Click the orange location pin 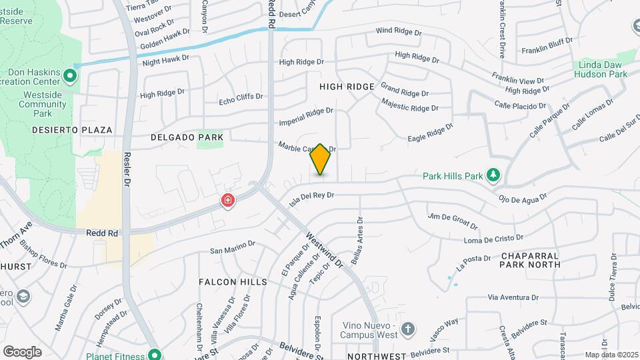[320, 159]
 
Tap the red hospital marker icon [228, 200]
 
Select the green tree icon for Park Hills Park [493, 175]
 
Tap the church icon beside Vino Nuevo [407, 329]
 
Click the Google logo [22, 351]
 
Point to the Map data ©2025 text [611, 355]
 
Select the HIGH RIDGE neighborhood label [347, 87]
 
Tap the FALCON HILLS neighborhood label [233, 282]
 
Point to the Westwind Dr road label [325, 250]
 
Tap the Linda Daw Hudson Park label [600, 69]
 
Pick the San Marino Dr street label [233, 247]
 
